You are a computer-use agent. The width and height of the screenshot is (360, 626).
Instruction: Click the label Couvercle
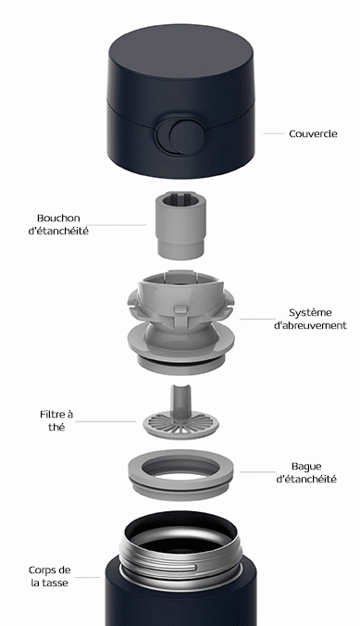(313, 133)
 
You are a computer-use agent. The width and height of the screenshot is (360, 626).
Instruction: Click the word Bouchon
(58, 219)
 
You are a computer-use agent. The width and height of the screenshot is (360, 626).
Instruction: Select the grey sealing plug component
(180, 226)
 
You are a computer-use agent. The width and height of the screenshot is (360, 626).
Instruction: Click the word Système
(310, 313)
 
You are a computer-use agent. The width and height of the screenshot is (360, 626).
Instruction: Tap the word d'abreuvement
(310, 325)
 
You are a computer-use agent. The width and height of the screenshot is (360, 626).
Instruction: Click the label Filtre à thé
(56, 420)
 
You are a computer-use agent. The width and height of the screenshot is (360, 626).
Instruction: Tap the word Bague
(306, 467)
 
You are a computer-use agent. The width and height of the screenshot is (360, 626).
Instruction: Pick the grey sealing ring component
(180, 475)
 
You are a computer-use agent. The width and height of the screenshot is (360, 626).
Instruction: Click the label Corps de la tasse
(49, 576)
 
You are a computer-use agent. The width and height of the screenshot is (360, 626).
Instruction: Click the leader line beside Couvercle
(273, 133)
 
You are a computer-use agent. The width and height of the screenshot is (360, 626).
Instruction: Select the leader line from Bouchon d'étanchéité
(116, 225)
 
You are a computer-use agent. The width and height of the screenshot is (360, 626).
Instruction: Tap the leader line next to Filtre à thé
(106, 421)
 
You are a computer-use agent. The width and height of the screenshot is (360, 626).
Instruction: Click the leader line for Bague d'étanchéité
(257, 472)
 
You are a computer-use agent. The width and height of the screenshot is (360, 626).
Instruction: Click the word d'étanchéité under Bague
(306, 479)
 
